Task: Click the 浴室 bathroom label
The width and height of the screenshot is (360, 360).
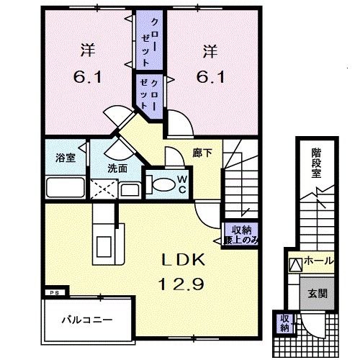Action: click(66, 158)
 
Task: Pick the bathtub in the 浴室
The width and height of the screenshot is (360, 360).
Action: click(66, 189)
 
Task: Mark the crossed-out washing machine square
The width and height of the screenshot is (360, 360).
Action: click(103, 190)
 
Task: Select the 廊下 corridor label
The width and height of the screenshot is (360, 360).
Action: click(202, 153)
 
